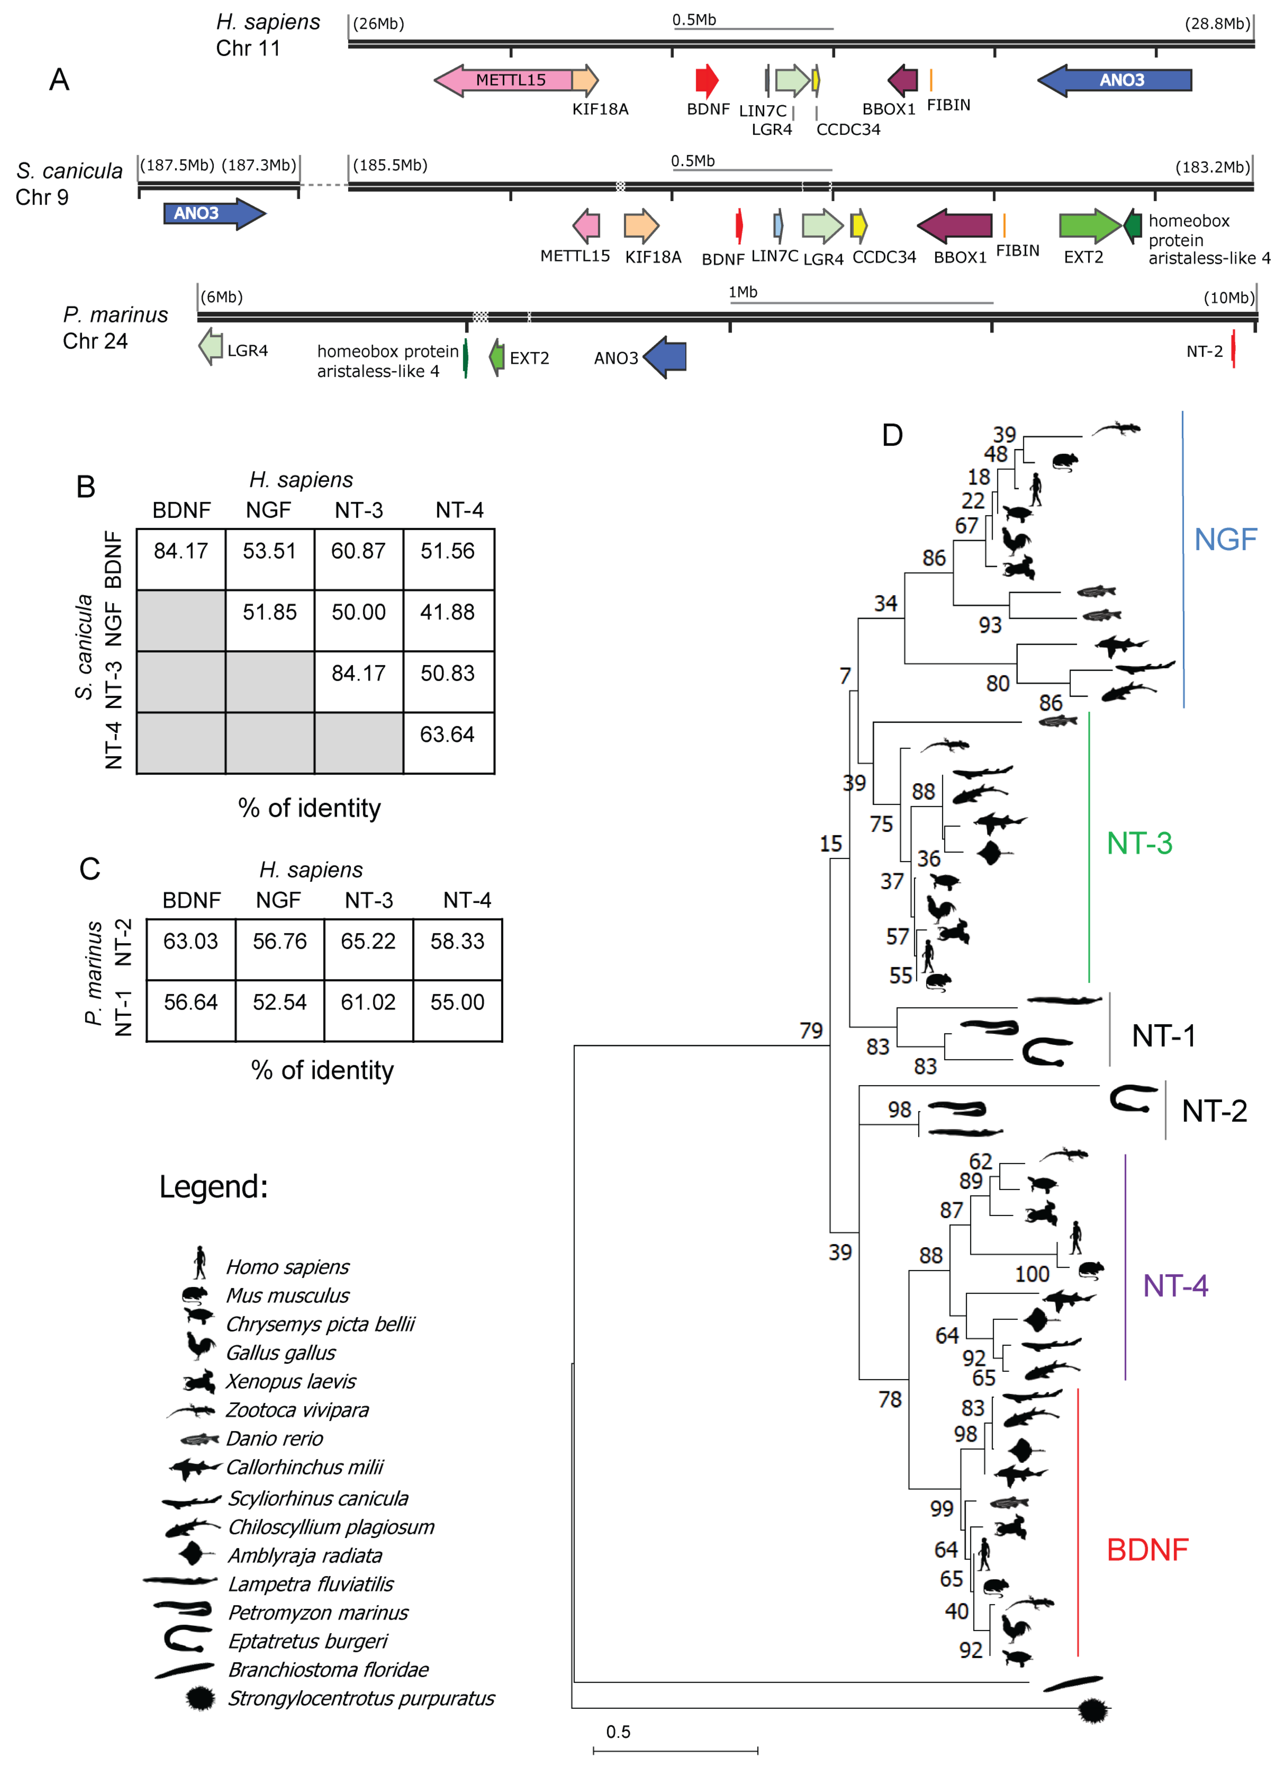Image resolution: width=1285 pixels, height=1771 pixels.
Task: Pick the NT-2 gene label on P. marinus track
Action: click(1204, 351)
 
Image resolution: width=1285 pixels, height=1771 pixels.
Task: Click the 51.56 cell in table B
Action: click(447, 551)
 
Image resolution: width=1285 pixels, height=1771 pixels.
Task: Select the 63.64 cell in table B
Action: click(447, 735)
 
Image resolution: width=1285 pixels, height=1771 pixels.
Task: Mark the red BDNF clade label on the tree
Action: click(1147, 1549)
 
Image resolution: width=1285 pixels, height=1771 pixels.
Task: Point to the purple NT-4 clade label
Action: click(1175, 1285)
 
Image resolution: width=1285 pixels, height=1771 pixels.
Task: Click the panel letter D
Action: click(892, 435)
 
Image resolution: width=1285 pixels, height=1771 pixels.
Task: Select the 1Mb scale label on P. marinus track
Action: click(742, 292)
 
